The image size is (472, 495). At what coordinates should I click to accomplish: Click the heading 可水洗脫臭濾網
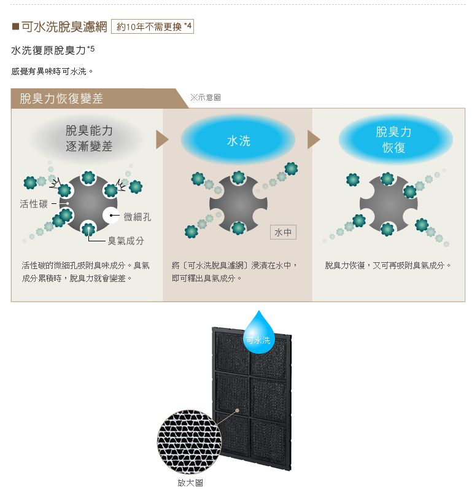click(64, 27)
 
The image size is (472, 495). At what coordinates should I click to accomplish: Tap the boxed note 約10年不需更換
click(152, 26)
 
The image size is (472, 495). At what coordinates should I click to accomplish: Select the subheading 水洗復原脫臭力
click(49, 50)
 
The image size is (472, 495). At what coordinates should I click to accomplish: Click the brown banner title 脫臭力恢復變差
click(61, 98)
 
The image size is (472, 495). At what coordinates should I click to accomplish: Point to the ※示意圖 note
click(206, 97)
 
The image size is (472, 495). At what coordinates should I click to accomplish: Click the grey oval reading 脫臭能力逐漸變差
click(88, 138)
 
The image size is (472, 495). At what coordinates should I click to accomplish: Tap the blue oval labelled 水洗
click(238, 140)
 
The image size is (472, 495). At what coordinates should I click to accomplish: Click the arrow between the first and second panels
click(162, 139)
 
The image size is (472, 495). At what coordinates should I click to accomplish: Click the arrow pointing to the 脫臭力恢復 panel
click(314, 139)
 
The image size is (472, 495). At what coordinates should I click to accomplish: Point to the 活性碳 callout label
click(34, 204)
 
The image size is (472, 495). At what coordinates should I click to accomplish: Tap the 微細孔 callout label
click(137, 217)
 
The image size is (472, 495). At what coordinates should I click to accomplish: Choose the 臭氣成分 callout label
click(126, 241)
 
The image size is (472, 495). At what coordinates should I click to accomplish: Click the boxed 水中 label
click(283, 232)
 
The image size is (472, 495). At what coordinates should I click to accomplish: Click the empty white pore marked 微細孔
click(111, 216)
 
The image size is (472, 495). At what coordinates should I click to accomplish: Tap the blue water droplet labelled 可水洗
click(258, 333)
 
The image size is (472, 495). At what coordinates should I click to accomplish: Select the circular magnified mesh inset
click(190, 442)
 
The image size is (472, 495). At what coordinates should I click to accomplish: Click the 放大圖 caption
click(190, 483)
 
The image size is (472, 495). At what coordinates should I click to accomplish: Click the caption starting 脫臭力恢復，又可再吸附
click(388, 265)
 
